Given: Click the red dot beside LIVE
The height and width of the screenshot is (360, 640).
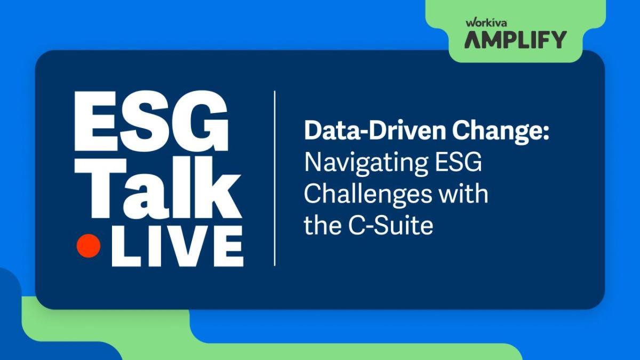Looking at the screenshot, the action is click(89, 246).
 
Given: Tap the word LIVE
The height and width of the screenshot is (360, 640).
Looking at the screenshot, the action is click(178, 246).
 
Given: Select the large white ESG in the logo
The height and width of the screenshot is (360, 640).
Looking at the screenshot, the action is click(151, 121).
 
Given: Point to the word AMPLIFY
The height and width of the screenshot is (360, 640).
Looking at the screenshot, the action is click(515, 39).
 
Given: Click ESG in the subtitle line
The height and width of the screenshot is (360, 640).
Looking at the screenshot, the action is click(458, 162).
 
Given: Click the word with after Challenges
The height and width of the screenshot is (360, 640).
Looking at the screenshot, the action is click(463, 194).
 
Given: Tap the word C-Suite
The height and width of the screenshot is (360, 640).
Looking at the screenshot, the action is click(390, 226).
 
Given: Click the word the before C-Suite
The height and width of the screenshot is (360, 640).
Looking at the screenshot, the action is click(322, 226).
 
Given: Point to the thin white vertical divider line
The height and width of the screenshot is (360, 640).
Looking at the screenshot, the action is click(275, 178).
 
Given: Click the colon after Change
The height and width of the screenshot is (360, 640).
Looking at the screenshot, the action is click(546, 133).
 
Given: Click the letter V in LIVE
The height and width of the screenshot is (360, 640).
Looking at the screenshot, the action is click(186, 246).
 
